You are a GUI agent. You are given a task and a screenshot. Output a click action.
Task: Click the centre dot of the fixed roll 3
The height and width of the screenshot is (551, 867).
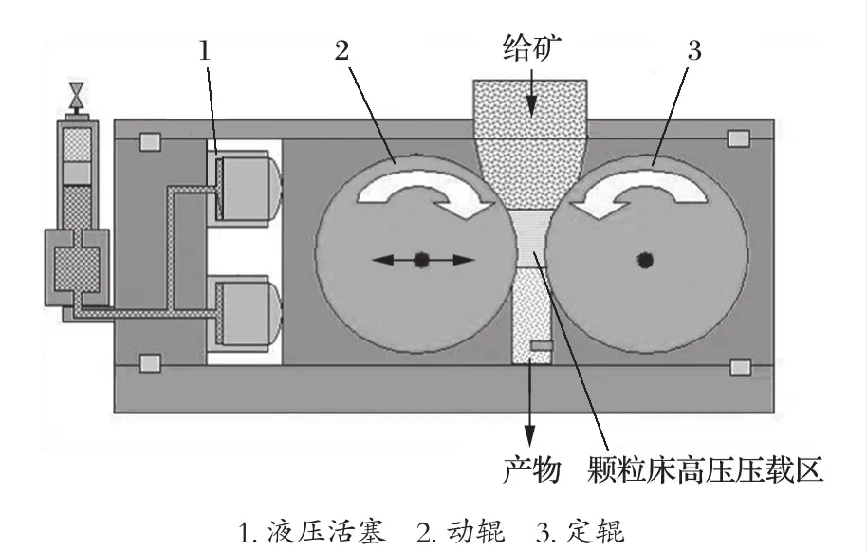click(647, 258)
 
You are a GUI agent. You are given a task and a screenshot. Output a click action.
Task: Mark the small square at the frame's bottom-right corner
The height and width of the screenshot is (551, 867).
click(738, 366)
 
